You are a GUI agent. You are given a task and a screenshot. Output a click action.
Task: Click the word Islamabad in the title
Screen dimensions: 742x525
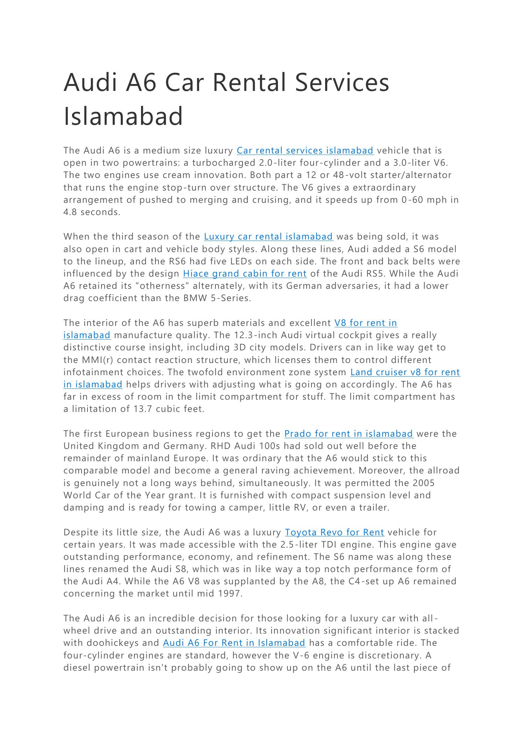click(123, 116)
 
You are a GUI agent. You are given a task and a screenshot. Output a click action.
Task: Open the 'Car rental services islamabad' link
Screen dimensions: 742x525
click(305, 150)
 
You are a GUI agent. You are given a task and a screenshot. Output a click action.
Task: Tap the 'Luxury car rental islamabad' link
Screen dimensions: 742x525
click(268, 237)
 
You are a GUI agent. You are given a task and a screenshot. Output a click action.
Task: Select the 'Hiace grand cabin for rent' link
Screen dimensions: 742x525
click(245, 273)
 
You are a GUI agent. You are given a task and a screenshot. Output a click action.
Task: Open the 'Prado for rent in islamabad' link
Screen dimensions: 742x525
click(349, 434)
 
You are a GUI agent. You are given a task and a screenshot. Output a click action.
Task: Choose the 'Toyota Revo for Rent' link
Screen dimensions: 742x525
click(334, 533)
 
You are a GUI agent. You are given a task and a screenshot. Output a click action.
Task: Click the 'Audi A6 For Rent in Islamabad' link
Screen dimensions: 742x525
click(234, 643)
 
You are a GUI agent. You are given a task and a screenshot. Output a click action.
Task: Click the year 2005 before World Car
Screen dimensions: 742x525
click(424, 483)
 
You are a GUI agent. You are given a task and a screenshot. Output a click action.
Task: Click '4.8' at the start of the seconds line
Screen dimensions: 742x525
click(70, 212)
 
